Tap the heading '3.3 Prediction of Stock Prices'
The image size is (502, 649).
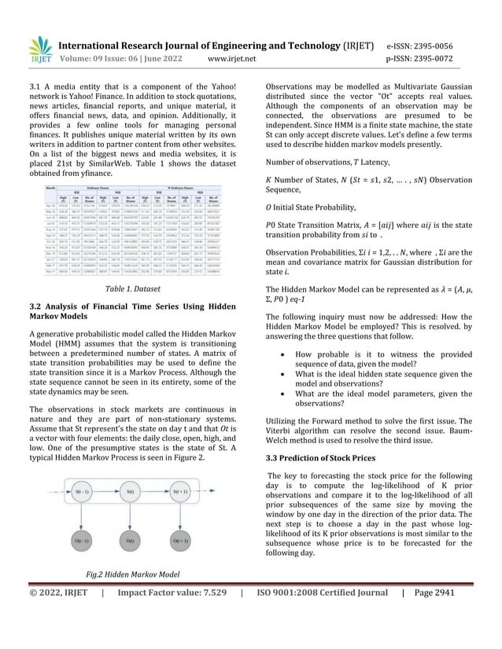pyautogui.click(x=315, y=456)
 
